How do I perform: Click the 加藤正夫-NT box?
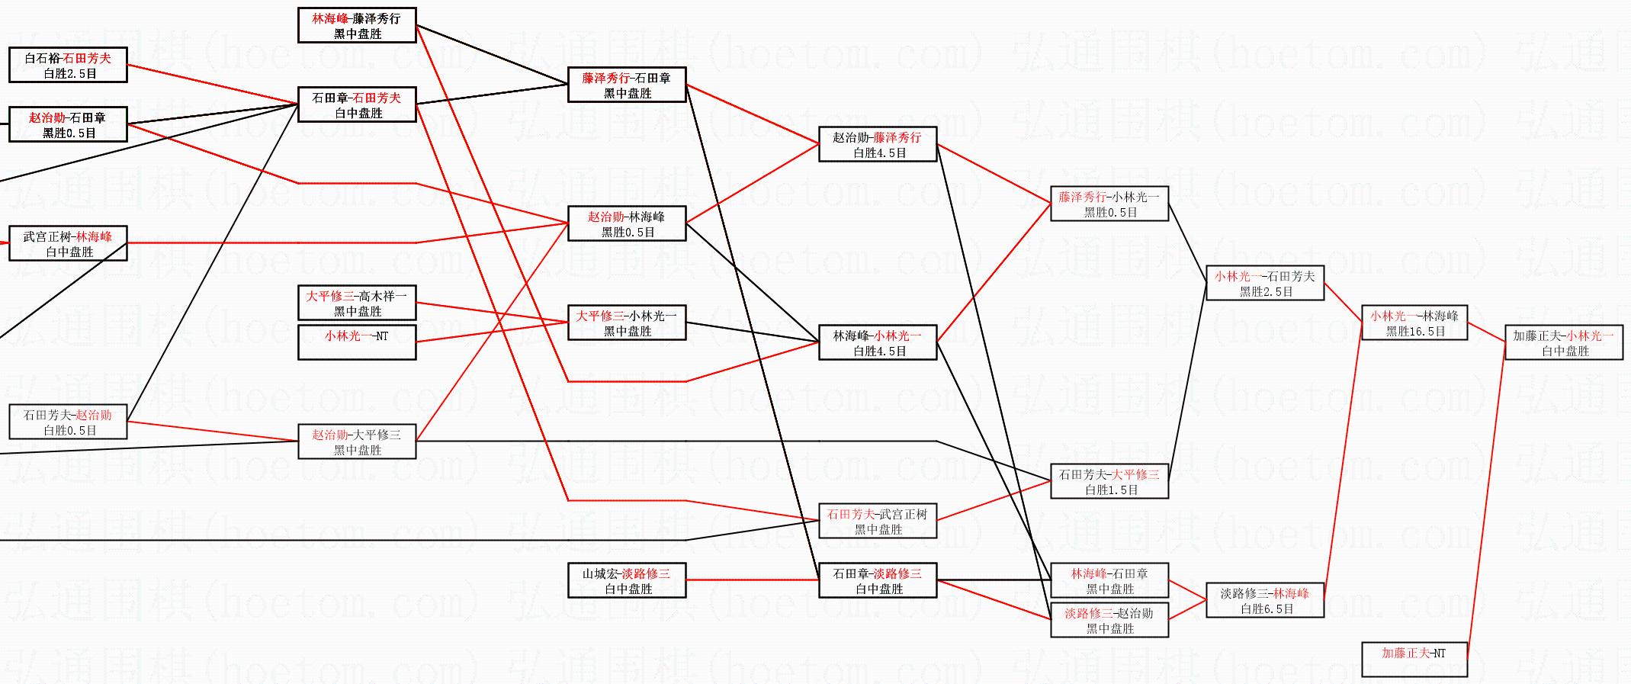click(x=1414, y=659)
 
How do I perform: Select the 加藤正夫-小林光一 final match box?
click(x=1563, y=342)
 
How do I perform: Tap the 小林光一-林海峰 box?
click(x=1414, y=323)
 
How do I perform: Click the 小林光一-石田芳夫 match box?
click(x=1264, y=283)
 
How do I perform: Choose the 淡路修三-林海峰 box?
click(x=1264, y=600)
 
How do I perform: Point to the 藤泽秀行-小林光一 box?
click(x=1109, y=204)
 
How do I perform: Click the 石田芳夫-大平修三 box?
click(x=1109, y=481)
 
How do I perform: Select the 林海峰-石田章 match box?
click(x=1109, y=580)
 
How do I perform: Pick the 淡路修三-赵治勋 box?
click(x=1109, y=620)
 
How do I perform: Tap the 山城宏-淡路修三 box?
click(x=626, y=580)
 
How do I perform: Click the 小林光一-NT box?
click(x=356, y=342)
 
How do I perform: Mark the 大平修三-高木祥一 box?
click(x=356, y=303)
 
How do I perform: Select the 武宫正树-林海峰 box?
click(x=68, y=243)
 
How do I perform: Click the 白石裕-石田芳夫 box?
click(x=68, y=65)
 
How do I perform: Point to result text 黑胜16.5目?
click(x=1415, y=332)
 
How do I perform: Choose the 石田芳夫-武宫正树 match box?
click(x=877, y=521)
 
